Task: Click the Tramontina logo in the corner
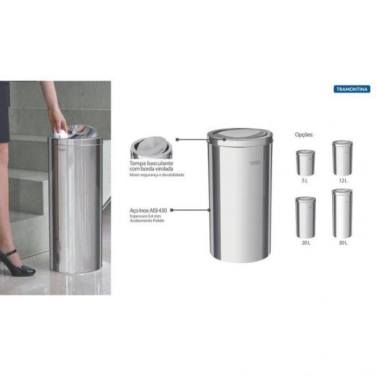351,89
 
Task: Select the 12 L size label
342,180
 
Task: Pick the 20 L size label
306,242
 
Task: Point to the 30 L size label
342,242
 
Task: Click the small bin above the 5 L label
306,163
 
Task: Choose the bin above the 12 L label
342,158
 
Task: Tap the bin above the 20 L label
306,217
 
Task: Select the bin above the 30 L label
342,213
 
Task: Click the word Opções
304,135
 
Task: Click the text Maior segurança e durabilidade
157,176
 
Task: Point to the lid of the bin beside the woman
77,131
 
